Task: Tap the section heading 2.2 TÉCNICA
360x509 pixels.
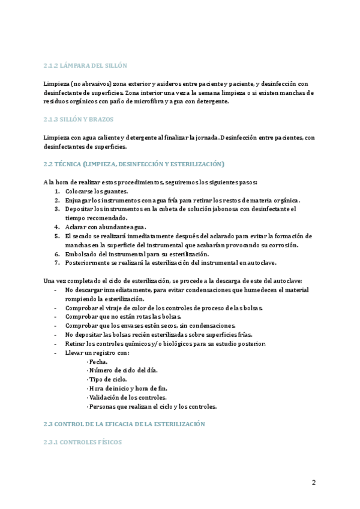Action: pyautogui.click(x=133, y=164)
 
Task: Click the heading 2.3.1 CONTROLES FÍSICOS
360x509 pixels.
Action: pyautogui.click(x=82, y=442)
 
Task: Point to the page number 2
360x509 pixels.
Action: pyautogui.click(x=313, y=483)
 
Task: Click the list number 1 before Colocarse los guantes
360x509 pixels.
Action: pyautogui.click(x=57, y=191)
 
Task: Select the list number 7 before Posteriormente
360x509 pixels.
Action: pyautogui.click(x=57, y=263)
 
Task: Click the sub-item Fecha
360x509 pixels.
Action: pyautogui.click(x=98, y=362)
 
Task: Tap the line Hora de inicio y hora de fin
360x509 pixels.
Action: pyautogui.click(x=127, y=388)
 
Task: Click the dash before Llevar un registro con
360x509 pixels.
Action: pyautogui.click(x=55, y=353)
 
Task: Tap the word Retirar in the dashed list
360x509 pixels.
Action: pyautogui.click(x=76, y=344)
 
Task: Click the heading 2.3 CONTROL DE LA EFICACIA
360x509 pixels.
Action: pyautogui.click(x=124, y=424)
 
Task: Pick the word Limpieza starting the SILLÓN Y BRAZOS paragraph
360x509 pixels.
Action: pyautogui.click(x=57, y=137)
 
